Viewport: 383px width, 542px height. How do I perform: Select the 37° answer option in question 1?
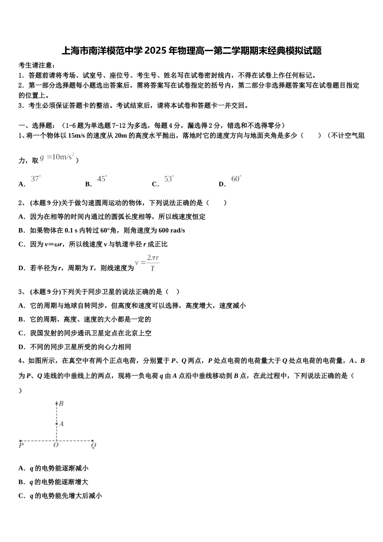(x=36, y=179)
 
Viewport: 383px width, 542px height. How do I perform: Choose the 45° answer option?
(x=102, y=179)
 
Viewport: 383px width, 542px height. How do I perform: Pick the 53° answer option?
(x=169, y=179)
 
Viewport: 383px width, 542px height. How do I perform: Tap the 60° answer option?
(x=236, y=179)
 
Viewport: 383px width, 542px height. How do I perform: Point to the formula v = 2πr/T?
(x=148, y=263)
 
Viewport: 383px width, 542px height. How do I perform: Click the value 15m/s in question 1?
(x=77, y=136)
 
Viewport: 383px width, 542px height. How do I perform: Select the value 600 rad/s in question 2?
(x=172, y=230)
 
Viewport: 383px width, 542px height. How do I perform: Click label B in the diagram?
(x=61, y=403)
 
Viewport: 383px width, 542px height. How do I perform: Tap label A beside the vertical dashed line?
(x=61, y=424)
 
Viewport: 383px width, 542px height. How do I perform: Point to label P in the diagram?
(x=21, y=446)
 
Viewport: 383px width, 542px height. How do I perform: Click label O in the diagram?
(x=56, y=446)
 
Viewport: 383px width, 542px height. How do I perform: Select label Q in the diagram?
(x=93, y=446)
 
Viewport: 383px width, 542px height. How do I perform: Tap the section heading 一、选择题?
(x=38, y=125)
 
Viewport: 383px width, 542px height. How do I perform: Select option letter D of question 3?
(x=22, y=347)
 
